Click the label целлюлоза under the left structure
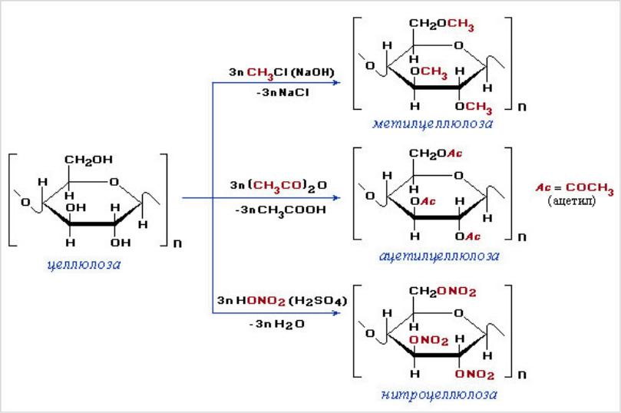(x=84, y=265)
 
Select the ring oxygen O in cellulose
(x=112, y=181)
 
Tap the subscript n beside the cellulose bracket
(x=177, y=245)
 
